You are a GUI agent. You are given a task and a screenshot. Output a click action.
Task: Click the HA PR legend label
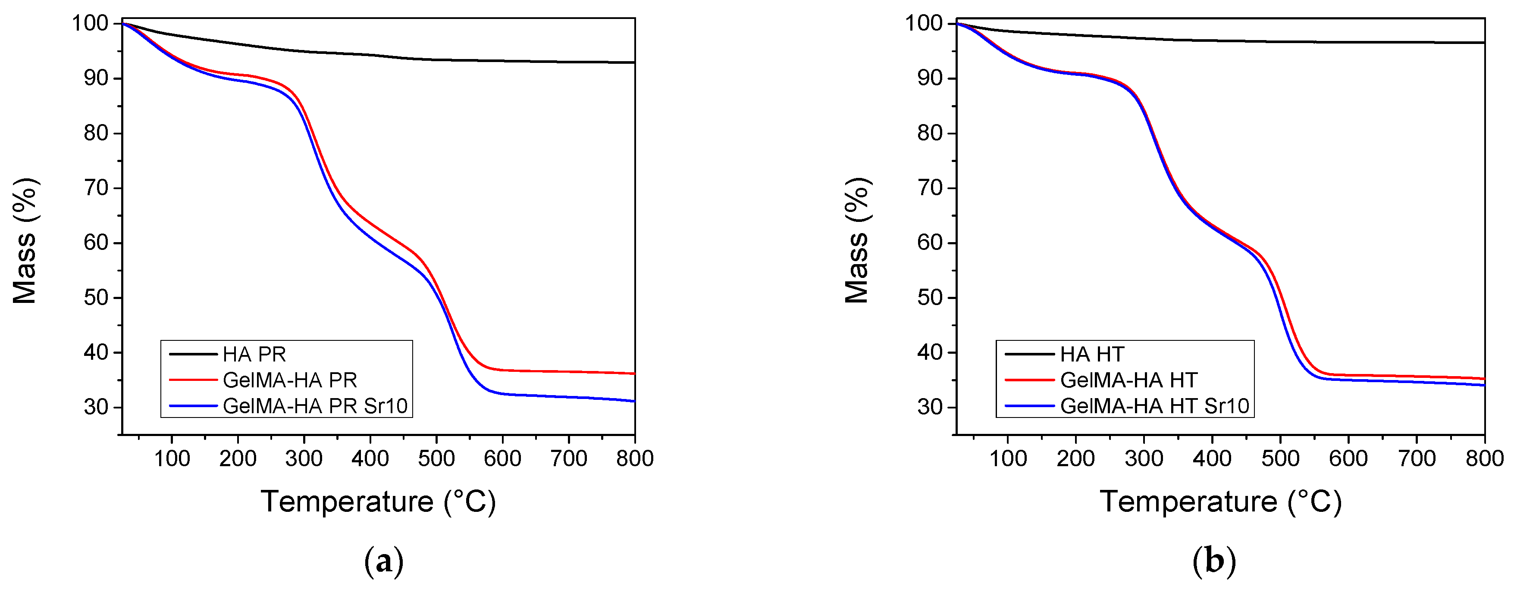[254, 354]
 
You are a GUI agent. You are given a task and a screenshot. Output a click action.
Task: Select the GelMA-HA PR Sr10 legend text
[315, 406]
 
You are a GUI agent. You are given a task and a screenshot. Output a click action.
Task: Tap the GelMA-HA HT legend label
[1128, 380]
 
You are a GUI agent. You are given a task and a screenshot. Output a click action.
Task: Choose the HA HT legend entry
[1092, 354]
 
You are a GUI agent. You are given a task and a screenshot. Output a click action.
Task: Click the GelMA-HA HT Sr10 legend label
[1154, 406]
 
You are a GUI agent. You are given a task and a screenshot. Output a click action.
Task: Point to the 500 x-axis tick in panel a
[436, 458]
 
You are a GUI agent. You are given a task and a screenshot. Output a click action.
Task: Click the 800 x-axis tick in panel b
[1484, 458]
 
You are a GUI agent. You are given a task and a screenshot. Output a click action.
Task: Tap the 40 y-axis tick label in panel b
[930, 352]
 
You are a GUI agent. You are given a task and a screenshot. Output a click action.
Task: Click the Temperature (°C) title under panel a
[379, 502]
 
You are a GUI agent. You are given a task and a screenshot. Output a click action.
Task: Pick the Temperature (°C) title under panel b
[1221, 502]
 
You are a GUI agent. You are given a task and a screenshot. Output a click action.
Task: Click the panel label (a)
[384, 562]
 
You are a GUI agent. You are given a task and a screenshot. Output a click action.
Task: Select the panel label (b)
[1214, 562]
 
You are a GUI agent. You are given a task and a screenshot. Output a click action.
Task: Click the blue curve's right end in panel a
[633, 401]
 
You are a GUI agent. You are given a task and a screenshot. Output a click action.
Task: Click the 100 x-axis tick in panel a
[172, 458]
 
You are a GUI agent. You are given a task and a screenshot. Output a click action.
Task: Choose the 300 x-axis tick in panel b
[1144, 458]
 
